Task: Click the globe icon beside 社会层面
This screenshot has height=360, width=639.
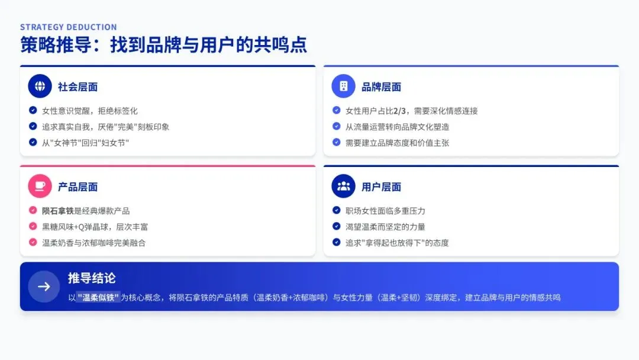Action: pyautogui.click(x=40, y=86)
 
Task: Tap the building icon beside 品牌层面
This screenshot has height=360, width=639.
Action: pyautogui.click(x=343, y=86)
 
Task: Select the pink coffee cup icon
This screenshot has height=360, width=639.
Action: pyautogui.click(x=40, y=187)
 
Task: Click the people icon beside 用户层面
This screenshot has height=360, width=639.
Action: pyautogui.click(x=343, y=187)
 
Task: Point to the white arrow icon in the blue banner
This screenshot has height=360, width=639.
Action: pyautogui.click(x=44, y=287)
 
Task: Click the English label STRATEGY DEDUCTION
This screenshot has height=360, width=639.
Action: pyautogui.click(x=69, y=27)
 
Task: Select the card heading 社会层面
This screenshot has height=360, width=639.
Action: pyautogui.click(x=78, y=87)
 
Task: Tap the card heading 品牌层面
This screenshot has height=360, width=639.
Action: pyautogui.click(x=381, y=87)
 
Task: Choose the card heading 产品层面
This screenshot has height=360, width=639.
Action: pyautogui.click(x=78, y=187)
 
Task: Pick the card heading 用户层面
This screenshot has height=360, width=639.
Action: pyautogui.click(x=381, y=187)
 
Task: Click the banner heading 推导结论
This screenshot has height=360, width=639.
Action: pyautogui.click(x=92, y=278)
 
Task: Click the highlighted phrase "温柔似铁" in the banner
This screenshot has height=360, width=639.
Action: pyautogui.click(x=98, y=297)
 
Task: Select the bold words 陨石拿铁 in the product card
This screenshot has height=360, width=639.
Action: pyautogui.click(x=58, y=211)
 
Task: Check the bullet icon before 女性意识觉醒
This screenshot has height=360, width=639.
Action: pyautogui.click(x=33, y=110)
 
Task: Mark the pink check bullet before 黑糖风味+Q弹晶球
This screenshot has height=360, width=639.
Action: pyautogui.click(x=33, y=226)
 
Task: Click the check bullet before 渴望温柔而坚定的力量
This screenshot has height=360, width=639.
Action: pyautogui.click(x=336, y=226)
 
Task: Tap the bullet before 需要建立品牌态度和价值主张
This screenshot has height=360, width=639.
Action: pyautogui.click(x=336, y=142)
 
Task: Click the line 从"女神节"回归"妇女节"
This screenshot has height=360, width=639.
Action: pyautogui.click(x=85, y=143)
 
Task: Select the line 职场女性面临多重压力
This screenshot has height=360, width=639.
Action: pyautogui.click(x=385, y=211)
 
